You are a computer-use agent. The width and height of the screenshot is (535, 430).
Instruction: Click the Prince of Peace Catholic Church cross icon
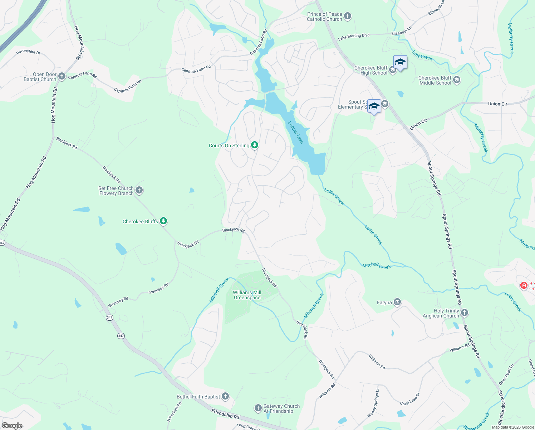348,16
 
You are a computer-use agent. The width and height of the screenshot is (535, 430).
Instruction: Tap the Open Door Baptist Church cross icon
62,76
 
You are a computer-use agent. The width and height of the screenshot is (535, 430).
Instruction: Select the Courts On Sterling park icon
255,145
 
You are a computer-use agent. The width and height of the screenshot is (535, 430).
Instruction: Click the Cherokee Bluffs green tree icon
163,221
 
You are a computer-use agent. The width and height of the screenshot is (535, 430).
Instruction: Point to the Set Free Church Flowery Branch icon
139,190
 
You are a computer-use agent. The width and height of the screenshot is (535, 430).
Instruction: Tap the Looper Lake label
296,132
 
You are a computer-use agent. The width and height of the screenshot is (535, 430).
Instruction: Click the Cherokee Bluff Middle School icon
457,80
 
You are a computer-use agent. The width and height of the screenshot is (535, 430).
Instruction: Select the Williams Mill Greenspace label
247,295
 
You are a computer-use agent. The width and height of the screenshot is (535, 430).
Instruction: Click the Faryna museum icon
397,302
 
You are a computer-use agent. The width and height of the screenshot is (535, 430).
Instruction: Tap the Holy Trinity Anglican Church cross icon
465,313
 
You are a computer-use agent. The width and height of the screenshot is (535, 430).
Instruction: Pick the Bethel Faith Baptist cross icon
225,396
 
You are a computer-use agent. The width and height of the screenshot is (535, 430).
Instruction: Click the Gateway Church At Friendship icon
258,408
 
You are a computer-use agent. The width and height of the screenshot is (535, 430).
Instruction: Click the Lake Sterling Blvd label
354,37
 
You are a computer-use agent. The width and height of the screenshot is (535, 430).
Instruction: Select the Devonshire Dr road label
28,52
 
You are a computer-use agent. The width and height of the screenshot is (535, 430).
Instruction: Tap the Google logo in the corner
12,425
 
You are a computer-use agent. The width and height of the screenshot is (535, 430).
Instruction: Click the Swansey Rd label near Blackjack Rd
159,289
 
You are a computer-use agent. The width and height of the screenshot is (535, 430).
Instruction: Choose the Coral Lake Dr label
410,399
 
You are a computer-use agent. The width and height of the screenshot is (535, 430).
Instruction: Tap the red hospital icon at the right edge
524,286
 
